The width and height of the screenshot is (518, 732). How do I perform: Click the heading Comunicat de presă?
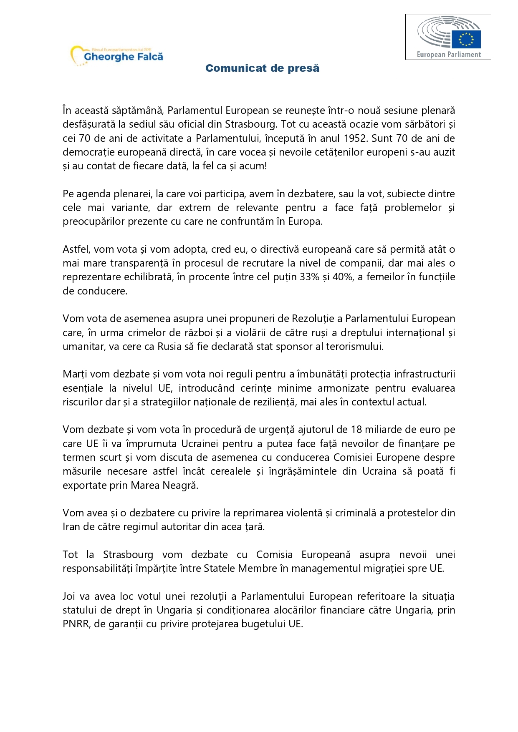point(262,68)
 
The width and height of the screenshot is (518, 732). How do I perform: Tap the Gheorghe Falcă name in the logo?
point(124,57)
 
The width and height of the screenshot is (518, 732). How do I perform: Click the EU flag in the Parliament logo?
point(466,39)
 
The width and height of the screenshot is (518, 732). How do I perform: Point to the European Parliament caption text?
point(449,54)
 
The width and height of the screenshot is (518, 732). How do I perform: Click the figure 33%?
point(309,277)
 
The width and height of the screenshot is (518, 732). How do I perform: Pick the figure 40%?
point(343,277)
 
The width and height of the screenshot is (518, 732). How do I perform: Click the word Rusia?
point(169,347)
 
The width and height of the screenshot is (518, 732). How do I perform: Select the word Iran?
point(71,527)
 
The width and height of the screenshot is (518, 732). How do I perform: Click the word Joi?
point(69,596)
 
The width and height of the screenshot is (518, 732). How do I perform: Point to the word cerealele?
point(230,471)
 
